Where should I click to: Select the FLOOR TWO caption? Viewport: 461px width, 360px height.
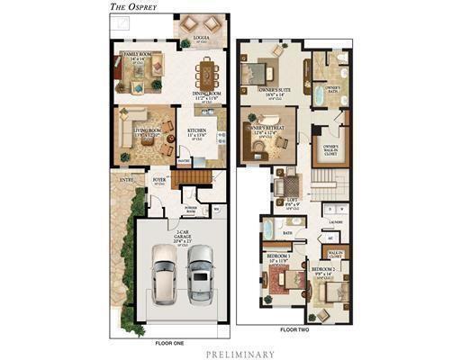(x=294, y=330)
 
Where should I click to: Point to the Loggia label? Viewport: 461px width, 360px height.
(x=203, y=39)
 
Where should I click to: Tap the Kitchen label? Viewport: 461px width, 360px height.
(x=197, y=131)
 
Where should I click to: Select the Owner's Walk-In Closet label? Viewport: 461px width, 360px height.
(x=330, y=148)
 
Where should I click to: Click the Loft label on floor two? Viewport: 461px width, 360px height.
(x=291, y=201)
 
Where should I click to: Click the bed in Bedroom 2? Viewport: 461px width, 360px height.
(x=332, y=288)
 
